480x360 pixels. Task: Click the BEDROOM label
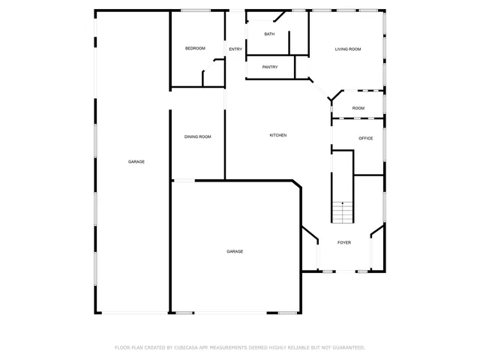coord(195,49)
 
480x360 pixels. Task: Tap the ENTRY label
coord(235,49)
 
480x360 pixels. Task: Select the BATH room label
coord(270,34)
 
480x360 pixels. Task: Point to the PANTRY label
coord(270,67)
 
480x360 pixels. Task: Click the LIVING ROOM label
coord(348,49)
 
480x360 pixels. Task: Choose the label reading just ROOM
coord(358,109)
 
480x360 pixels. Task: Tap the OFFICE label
coord(366,139)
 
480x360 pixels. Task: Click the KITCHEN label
coord(278,135)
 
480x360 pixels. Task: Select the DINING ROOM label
coord(198,136)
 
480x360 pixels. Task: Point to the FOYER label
coord(344,243)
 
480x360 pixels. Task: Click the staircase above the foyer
coord(343,213)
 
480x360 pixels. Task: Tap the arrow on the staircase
coord(343,204)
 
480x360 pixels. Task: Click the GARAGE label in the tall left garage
coord(136,162)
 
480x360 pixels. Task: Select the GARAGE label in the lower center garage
coord(235,251)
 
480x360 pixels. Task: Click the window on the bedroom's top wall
coord(196,10)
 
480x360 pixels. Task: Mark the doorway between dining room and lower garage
coord(184,180)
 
